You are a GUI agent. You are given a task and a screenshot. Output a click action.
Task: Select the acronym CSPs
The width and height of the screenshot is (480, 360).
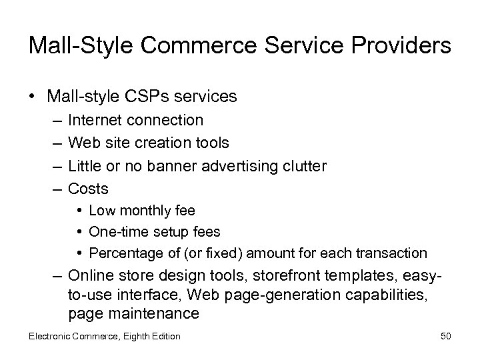point(144,97)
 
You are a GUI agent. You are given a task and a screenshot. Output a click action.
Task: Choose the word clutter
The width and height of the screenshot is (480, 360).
point(303,166)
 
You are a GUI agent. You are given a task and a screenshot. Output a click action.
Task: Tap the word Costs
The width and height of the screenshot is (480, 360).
point(88,189)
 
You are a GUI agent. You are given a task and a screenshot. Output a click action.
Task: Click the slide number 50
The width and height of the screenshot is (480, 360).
point(446,336)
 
